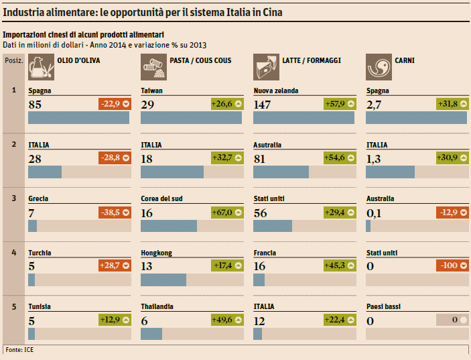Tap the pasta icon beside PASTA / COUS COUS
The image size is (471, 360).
point(152,66)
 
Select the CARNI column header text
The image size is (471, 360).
point(405,60)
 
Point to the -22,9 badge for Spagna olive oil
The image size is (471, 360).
point(114,104)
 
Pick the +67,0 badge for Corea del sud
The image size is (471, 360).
point(226,213)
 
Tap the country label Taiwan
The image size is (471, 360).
point(152,91)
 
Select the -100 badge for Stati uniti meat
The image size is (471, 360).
point(452,266)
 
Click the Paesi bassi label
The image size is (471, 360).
point(383,306)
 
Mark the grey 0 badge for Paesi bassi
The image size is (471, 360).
point(452,320)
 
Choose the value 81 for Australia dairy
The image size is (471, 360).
point(261,158)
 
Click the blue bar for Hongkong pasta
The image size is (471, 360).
point(163,280)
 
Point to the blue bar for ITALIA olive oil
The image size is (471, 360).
point(44,172)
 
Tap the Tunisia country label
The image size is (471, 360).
point(41,306)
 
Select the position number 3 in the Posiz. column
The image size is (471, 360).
point(14,198)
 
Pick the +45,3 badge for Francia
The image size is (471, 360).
point(339,266)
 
